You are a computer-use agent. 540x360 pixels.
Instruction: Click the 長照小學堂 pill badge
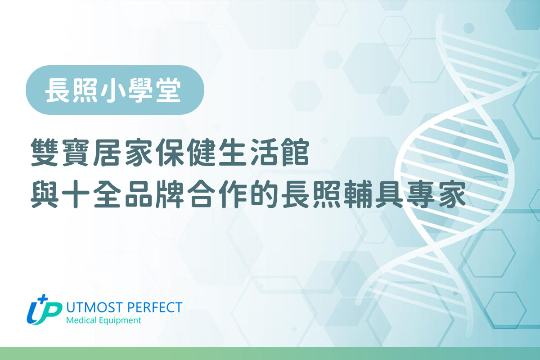click(x=115, y=90)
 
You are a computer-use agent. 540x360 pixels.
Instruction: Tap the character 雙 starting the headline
click(x=45, y=152)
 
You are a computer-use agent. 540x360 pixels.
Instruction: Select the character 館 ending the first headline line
click(x=296, y=152)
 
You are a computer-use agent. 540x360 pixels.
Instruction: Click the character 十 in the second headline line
click(x=76, y=194)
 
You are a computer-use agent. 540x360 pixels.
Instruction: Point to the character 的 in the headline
click(x=264, y=194)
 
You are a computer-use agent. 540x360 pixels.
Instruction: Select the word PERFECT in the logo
click(x=155, y=307)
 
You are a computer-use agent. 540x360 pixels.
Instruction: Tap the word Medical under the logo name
click(x=81, y=320)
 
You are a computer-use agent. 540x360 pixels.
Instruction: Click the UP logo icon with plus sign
click(x=44, y=310)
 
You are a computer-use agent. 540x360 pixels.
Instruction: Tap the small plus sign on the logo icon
click(x=43, y=298)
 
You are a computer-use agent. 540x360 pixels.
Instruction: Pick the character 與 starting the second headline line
click(x=45, y=194)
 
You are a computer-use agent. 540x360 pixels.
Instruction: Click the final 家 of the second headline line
click(x=452, y=194)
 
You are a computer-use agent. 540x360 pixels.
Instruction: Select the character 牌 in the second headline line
click(x=170, y=194)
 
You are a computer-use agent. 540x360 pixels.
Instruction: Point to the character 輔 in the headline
click(x=358, y=194)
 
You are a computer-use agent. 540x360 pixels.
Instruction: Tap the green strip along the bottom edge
click(x=270, y=354)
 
